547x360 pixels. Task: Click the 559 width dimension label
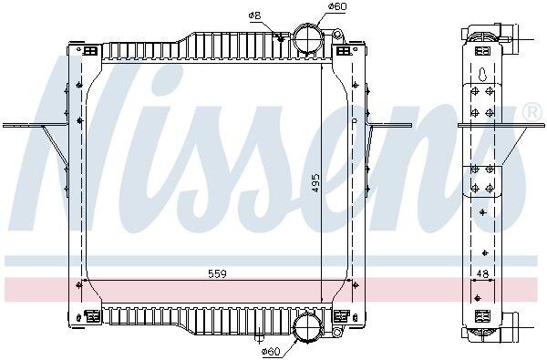tap(217, 273)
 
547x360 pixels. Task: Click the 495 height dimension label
tap(315, 183)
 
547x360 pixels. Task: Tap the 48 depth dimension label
tap(482, 273)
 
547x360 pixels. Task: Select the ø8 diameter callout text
tap(255, 15)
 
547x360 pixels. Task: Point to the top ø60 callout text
tap(337, 6)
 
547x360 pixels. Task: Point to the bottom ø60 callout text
tap(271, 351)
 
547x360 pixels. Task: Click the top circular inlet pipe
tap(307, 39)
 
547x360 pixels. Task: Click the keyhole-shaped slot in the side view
tap(482, 74)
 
